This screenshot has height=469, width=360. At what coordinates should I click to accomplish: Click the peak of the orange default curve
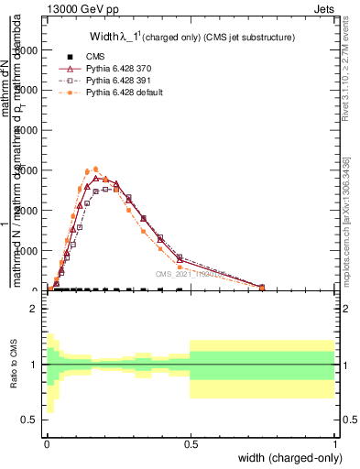pos(96,169)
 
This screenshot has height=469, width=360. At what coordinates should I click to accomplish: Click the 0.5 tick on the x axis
pos(191,443)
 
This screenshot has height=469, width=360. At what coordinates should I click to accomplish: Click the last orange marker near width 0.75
pos(262,288)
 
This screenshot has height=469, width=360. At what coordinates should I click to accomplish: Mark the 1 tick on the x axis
pos(335,443)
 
